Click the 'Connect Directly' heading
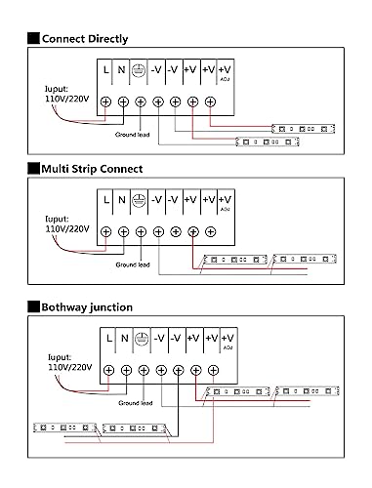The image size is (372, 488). [85, 39]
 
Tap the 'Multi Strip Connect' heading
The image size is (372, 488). [92, 169]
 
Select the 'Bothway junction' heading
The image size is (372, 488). [87, 307]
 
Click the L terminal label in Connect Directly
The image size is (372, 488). [105, 69]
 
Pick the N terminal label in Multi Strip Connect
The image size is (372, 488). [122, 200]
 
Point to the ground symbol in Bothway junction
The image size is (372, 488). [142, 339]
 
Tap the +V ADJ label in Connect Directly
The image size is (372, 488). [225, 72]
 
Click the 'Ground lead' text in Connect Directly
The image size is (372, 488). [132, 135]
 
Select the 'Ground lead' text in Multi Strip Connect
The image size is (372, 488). [133, 264]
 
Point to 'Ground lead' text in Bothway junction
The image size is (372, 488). [136, 403]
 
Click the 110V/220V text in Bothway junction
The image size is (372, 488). [70, 367]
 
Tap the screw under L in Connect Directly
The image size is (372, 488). [105, 102]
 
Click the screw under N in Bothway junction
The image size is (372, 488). [126, 370]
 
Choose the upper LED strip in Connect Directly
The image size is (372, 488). [304, 129]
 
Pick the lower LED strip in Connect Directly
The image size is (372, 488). [268, 142]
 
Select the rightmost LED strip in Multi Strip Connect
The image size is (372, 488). [305, 259]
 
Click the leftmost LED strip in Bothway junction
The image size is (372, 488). [65, 427]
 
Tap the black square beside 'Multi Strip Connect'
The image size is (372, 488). [33, 169]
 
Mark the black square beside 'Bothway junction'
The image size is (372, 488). [33, 306]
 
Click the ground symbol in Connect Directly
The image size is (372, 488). [139, 70]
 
